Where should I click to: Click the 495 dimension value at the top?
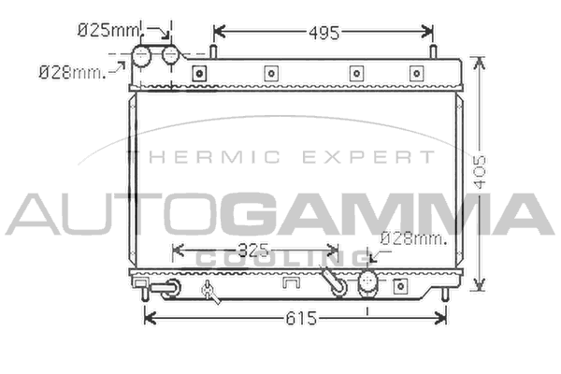click(x=324, y=33)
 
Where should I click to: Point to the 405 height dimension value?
click(x=480, y=172)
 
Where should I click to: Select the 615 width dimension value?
click(x=301, y=318)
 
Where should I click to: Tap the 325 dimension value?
click(x=253, y=251)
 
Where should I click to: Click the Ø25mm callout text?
click(x=108, y=30)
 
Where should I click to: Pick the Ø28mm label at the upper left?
click(x=73, y=73)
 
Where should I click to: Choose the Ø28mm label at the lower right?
click(x=414, y=238)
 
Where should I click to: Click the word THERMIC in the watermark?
click(x=204, y=157)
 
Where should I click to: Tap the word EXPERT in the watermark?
click(x=368, y=157)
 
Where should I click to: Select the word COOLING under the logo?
click(x=282, y=258)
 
